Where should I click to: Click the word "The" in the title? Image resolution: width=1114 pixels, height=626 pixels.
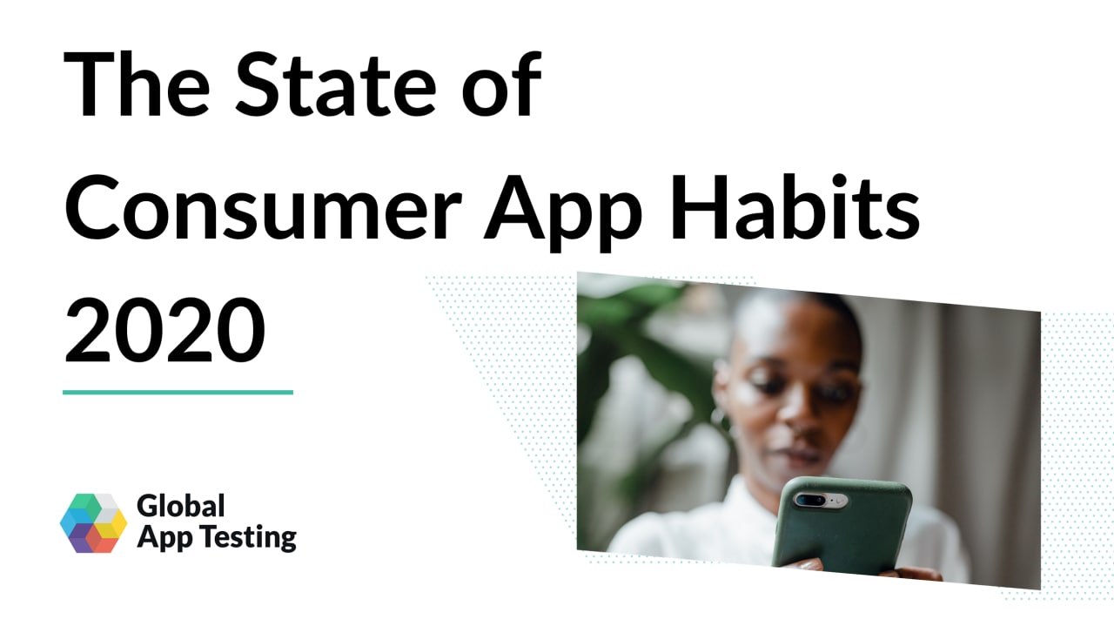137,84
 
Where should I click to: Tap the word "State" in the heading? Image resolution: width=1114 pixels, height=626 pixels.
336,84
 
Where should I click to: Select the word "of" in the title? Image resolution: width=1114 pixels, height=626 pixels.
502,84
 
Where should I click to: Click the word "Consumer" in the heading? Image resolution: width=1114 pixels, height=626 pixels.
264,207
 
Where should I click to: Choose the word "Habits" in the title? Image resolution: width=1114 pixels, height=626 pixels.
794,206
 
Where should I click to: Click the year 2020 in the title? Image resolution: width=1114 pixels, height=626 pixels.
165,330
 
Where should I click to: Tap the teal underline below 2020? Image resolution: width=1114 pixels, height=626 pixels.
178,393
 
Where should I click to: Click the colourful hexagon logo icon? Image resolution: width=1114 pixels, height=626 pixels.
93,523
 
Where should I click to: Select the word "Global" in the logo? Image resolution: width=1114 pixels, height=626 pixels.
180,507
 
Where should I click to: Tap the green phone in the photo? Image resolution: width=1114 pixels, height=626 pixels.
842,524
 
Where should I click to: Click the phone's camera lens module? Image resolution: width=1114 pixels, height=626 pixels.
820,500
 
